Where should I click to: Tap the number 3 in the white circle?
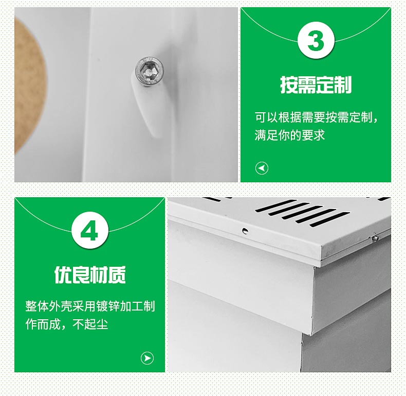316,41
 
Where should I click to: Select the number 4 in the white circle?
90,230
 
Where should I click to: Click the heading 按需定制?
316,84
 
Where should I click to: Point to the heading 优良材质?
90,274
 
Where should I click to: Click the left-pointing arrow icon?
262,168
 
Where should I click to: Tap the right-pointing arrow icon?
147,358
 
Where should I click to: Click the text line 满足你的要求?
289,135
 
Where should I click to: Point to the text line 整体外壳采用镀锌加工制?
90,306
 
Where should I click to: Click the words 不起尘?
90,324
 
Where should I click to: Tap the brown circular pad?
30,85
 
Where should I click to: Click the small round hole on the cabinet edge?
245,230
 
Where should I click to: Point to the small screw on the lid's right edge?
375,238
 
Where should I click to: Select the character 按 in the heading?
289,84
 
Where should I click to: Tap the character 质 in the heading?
117,274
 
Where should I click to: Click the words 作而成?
43,324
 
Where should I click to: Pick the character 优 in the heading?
63,274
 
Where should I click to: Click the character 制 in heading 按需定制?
343,84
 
